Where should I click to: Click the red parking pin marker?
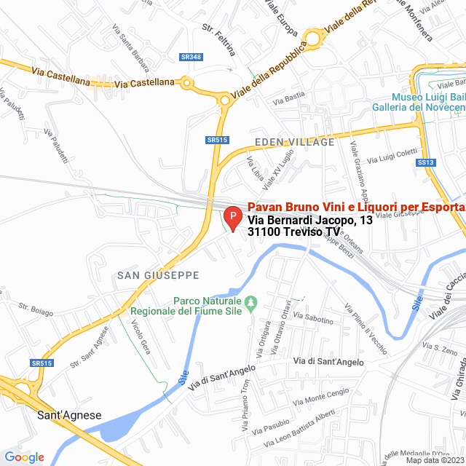232,217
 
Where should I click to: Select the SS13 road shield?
426,162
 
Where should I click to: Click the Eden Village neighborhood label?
294,142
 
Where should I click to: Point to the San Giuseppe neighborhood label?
158,275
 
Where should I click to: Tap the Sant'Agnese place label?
69,416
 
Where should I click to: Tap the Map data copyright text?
434,460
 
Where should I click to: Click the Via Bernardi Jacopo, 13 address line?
300,220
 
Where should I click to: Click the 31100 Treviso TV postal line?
288,232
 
